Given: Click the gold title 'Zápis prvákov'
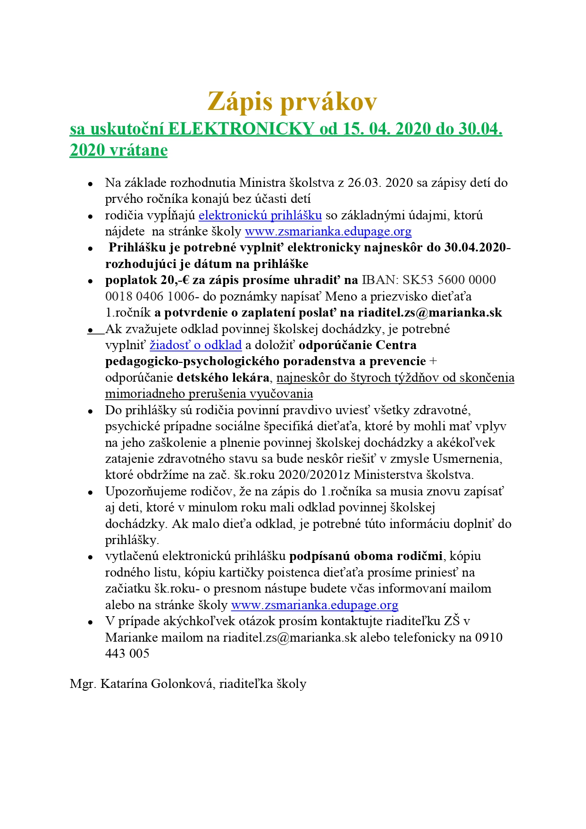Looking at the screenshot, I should [x=293, y=101].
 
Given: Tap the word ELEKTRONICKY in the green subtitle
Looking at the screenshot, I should [x=241, y=129].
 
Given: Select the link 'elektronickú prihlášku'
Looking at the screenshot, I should [x=260, y=216].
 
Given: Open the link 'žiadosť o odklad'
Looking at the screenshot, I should [x=196, y=345].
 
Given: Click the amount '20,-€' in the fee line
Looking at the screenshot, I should [x=175, y=280].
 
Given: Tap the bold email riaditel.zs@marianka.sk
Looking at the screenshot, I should [x=430, y=313].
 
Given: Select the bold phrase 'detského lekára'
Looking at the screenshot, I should [x=223, y=378].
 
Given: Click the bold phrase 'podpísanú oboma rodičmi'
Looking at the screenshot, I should [x=366, y=556].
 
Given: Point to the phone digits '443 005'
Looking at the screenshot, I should [x=127, y=654].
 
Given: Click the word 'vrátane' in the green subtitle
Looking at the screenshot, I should [x=138, y=151].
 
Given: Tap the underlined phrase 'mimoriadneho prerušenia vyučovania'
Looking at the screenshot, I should [x=209, y=394].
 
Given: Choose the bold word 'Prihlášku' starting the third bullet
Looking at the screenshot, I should [x=137, y=248].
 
